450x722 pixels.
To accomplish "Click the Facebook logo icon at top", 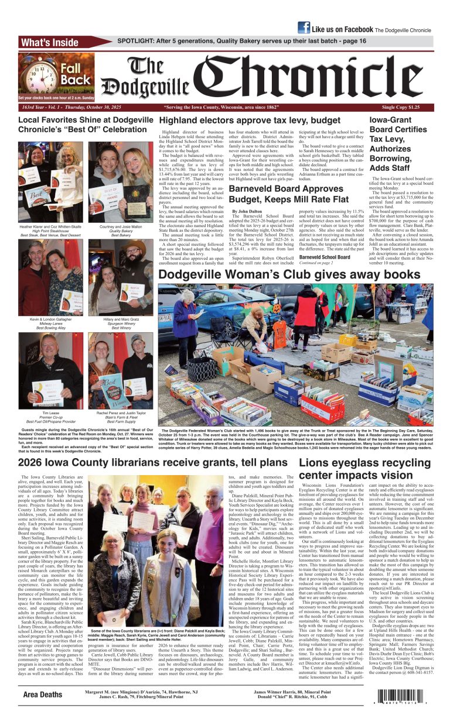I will point(304,27).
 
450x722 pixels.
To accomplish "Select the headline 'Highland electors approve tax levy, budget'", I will point(250,121).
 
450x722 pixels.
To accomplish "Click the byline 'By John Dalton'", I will point(248,210).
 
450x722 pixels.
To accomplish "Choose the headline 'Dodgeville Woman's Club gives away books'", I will point(289,274).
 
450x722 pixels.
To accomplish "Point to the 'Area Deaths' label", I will point(42,695).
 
